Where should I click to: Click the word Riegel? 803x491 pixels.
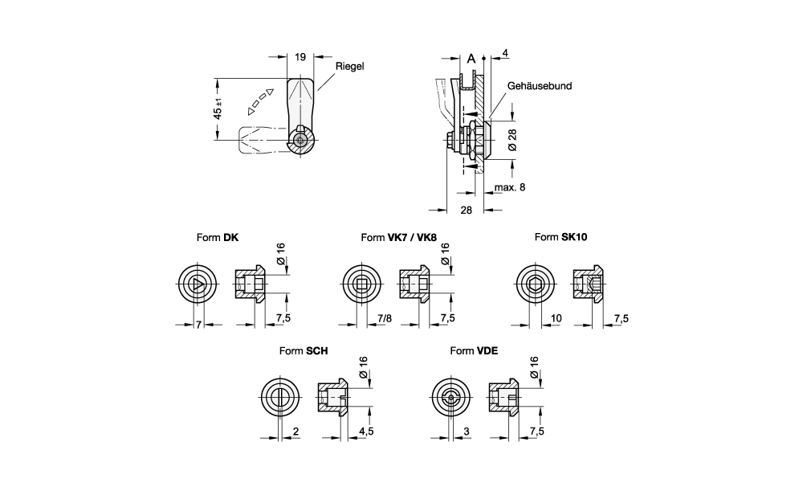tap(350, 66)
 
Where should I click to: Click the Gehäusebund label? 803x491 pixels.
tap(540, 86)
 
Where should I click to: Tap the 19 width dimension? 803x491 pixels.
tap(300, 57)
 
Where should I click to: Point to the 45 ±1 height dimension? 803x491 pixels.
tap(218, 108)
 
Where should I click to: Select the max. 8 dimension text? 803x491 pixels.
tap(510, 187)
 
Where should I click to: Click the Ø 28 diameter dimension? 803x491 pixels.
tap(512, 140)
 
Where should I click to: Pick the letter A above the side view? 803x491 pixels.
tap(471, 59)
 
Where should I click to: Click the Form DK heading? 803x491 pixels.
tap(217, 237)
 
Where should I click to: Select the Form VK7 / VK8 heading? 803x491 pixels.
tap(399, 237)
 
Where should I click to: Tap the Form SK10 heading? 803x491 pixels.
tap(560, 237)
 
